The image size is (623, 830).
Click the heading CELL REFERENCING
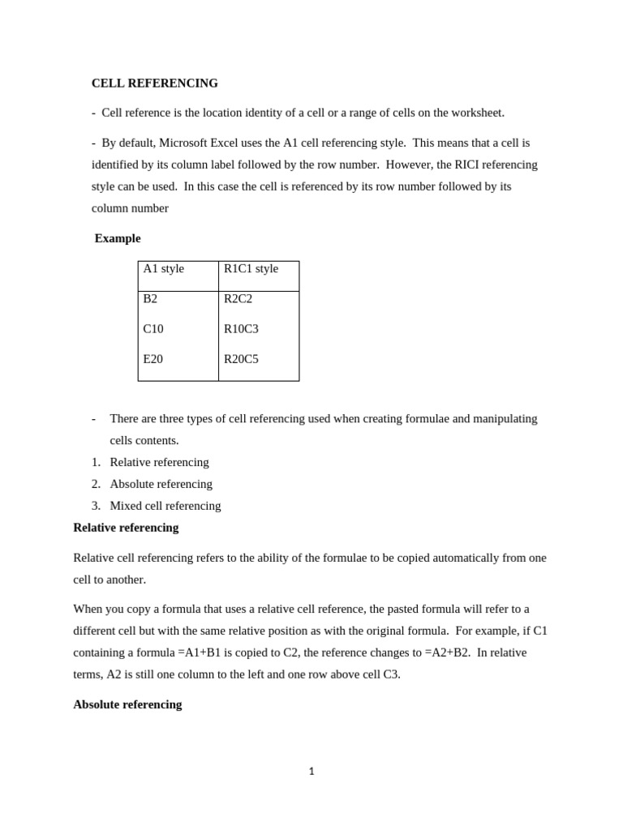pyautogui.click(x=154, y=83)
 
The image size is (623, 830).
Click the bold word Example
pyautogui.click(x=118, y=238)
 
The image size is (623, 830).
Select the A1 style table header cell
pyautogui.click(x=164, y=269)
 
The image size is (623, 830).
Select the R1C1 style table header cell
pyautogui.click(x=251, y=269)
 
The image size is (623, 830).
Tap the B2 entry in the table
pyautogui.click(x=150, y=299)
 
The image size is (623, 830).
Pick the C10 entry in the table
pyautogui.click(x=153, y=329)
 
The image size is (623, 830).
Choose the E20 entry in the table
pyautogui.click(x=153, y=359)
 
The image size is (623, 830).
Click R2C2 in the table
pyautogui.click(x=238, y=299)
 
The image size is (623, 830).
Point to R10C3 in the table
pyautogui.click(x=241, y=329)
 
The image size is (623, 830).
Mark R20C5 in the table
pyautogui.click(x=241, y=359)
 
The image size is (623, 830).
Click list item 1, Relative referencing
pyautogui.click(x=159, y=462)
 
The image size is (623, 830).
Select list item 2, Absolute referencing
pyautogui.click(x=161, y=484)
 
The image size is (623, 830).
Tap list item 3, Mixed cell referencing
pyautogui.click(x=165, y=506)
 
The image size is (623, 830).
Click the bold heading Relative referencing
pyautogui.click(x=126, y=528)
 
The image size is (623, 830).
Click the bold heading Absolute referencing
pyautogui.click(x=127, y=704)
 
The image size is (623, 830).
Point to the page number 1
pyautogui.click(x=311, y=772)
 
